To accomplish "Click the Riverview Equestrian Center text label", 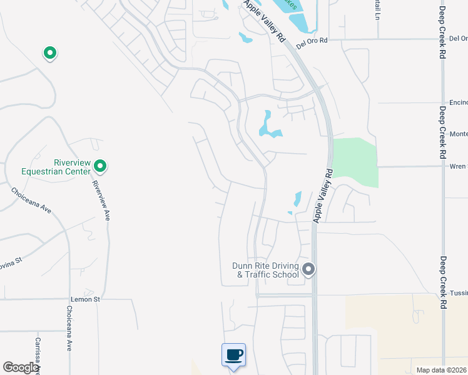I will [x=56, y=166].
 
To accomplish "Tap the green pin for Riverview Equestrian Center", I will [x=100, y=166].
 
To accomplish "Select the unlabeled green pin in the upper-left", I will [x=49, y=53].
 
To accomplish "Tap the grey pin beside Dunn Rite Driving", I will [x=308, y=269].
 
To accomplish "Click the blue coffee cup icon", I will [x=234, y=355].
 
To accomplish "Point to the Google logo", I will [x=20, y=367].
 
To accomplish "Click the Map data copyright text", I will [x=441, y=370].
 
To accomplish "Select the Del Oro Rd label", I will [x=312, y=42].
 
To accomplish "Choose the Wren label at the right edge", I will [x=458, y=166].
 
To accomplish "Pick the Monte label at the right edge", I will [x=458, y=134].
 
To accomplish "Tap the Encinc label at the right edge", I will [x=458, y=102].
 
